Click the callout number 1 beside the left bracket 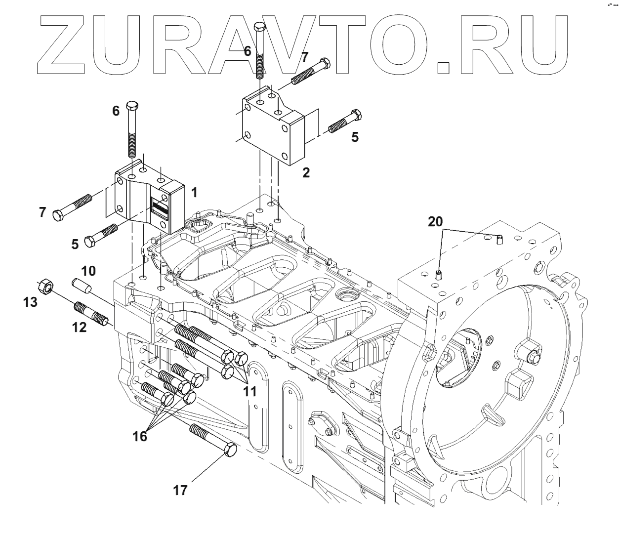tap(194, 192)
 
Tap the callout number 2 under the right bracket tap(306, 173)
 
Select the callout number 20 tap(435, 222)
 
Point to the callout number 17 tap(181, 490)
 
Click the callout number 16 tap(140, 436)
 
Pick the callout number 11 tap(250, 392)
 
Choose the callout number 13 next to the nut tap(31, 302)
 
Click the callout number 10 tap(88, 271)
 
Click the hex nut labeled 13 tap(45, 286)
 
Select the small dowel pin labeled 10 tap(80, 285)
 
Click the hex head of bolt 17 tap(230, 450)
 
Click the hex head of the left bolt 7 tap(57, 216)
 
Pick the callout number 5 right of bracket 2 tap(355, 137)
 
